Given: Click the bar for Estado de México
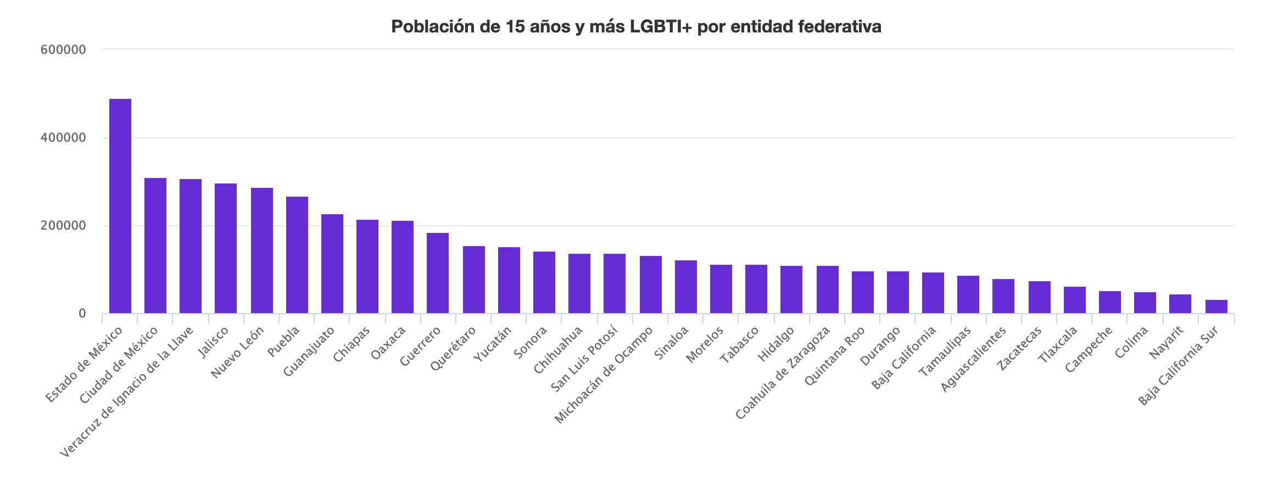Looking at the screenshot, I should pyautogui.click(x=120, y=206).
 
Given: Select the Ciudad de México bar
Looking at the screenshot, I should pyautogui.click(x=155, y=246).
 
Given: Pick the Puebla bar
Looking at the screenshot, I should pyautogui.click(x=297, y=255).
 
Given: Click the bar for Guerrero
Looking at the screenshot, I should pyautogui.click(x=438, y=273).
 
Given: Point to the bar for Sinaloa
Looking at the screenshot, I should pyautogui.click(x=686, y=287).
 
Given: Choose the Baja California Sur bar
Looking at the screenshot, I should pyautogui.click(x=1216, y=307).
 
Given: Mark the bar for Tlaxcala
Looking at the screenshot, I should pyautogui.click(x=1075, y=300).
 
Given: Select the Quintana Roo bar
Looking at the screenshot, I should pyautogui.click(x=863, y=292).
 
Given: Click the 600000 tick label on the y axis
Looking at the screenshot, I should pyautogui.click(x=64, y=50).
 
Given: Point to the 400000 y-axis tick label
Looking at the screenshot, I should pyautogui.click(x=64, y=138).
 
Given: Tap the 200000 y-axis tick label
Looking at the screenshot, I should pyautogui.click(x=64, y=226).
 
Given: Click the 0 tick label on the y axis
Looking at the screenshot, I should pyautogui.click(x=82, y=314).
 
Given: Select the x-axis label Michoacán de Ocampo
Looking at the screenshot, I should pyautogui.click(x=604, y=375).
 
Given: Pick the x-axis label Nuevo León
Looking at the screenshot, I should pyautogui.click(x=238, y=352).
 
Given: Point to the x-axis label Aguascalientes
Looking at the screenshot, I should pyautogui.click(x=974, y=359).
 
